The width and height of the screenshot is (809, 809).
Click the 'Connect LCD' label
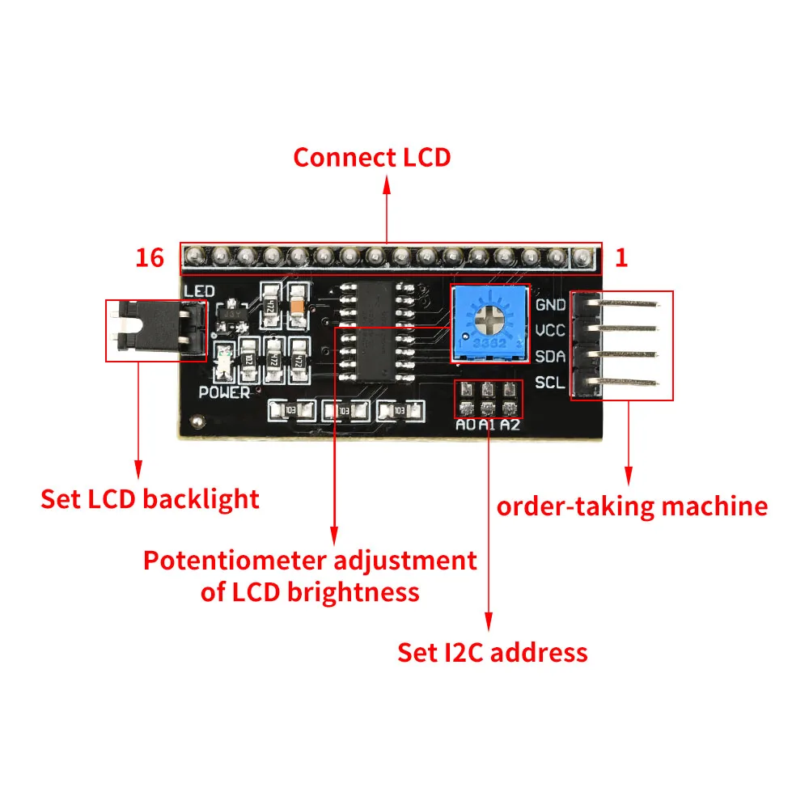click(371, 157)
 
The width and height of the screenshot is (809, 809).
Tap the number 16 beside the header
click(150, 258)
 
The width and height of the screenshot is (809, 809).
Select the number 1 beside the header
click(621, 258)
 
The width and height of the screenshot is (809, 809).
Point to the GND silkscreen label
click(550, 305)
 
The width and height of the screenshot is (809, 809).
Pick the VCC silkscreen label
click(550, 330)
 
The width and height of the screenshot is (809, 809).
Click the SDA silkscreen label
click(550, 356)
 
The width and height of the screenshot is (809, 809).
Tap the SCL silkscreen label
click(550, 382)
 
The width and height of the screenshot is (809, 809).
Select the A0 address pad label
click(465, 425)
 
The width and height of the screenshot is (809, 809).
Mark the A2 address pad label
click(510, 425)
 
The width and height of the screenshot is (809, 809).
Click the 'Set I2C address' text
click(492, 652)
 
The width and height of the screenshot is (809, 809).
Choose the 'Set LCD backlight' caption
click(150, 498)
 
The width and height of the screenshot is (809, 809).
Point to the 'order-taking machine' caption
click(632, 506)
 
